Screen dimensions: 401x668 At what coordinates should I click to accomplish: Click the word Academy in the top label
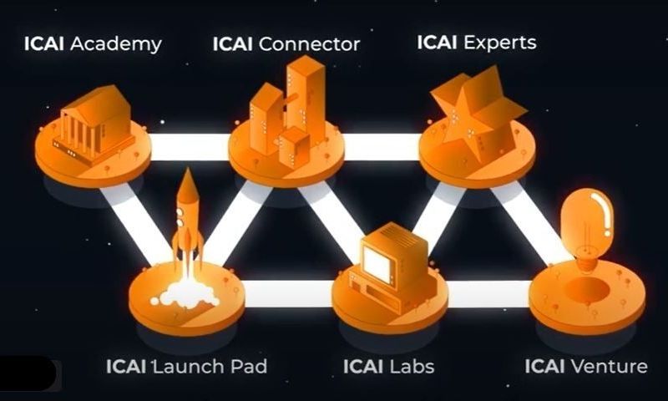point(116,43)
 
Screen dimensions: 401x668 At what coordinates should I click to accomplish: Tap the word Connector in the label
point(309,43)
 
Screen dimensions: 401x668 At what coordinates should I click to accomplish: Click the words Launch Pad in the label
point(210,366)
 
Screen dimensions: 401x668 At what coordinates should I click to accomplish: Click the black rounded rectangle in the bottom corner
point(28,374)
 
